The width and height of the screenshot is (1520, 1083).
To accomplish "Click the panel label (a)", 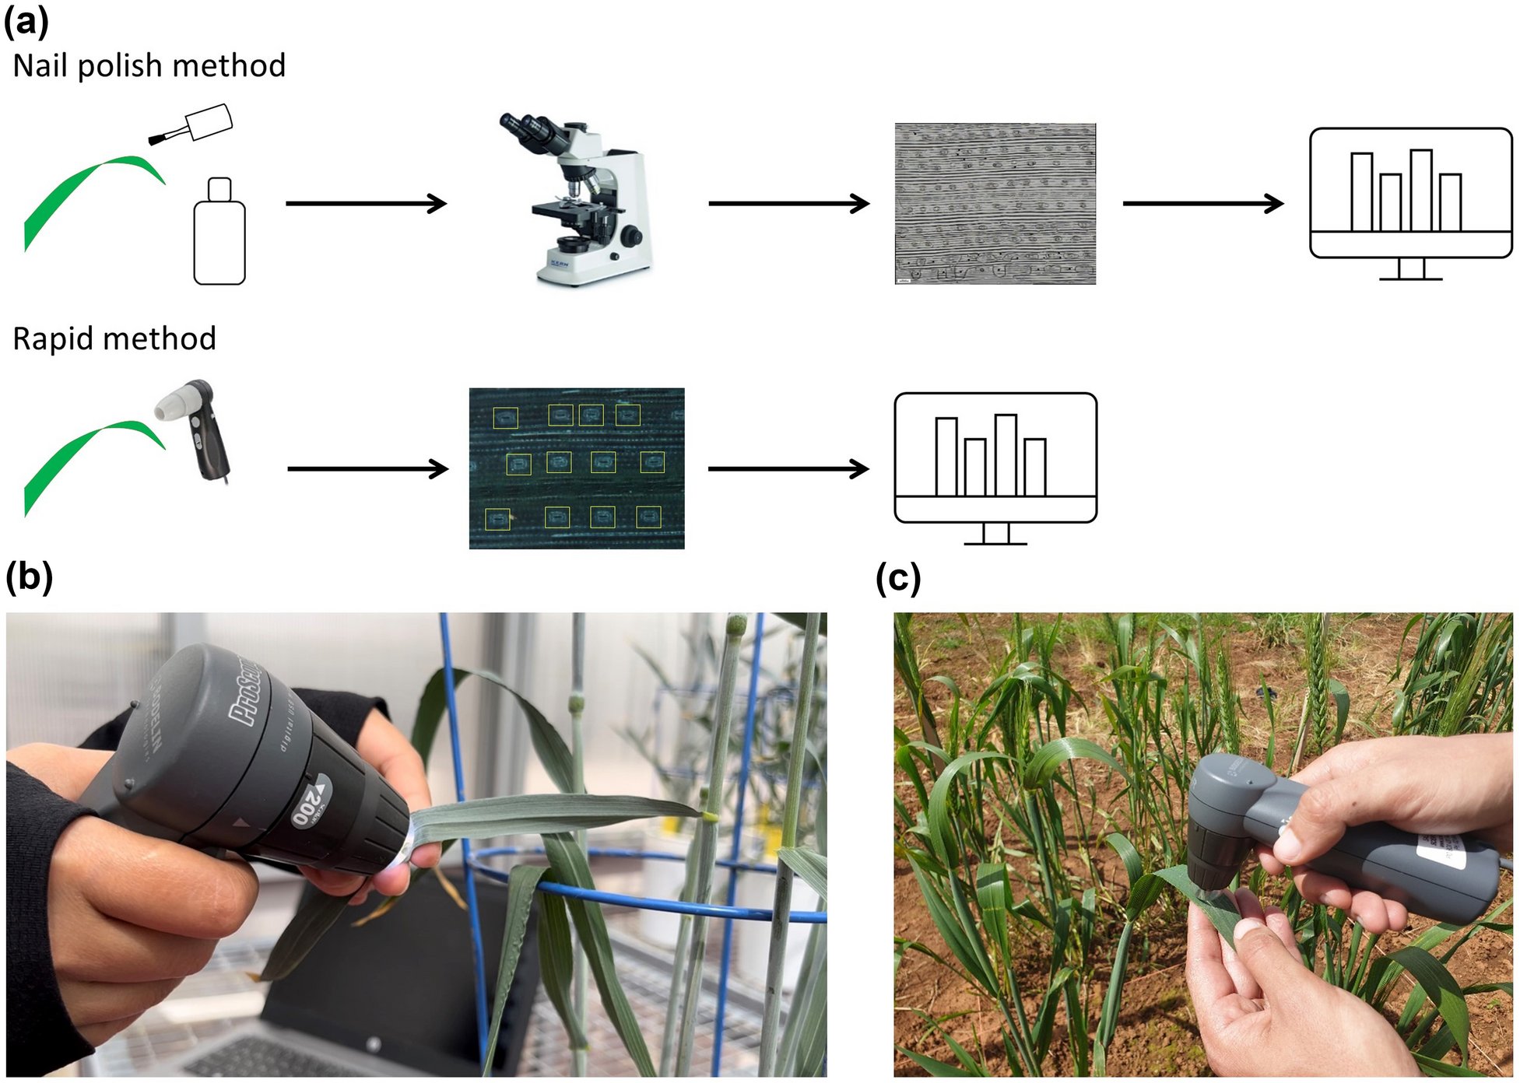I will tap(26, 22).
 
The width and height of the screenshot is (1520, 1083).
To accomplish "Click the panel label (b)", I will tap(30, 577).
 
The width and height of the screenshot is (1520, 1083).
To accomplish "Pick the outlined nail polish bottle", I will tap(219, 233).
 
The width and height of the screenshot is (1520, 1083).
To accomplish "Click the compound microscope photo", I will tap(580, 202).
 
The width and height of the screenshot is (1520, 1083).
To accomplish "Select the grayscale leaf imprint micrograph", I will tap(995, 204).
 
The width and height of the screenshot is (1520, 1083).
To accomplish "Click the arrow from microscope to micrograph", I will tap(788, 204).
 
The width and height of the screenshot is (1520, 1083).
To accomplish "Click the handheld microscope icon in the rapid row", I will tap(198, 428).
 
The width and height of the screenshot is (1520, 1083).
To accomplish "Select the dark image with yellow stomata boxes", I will tap(577, 468).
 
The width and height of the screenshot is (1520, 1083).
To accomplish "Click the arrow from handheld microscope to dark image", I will tap(367, 469).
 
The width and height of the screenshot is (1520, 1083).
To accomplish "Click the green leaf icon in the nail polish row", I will tap(86, 195).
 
